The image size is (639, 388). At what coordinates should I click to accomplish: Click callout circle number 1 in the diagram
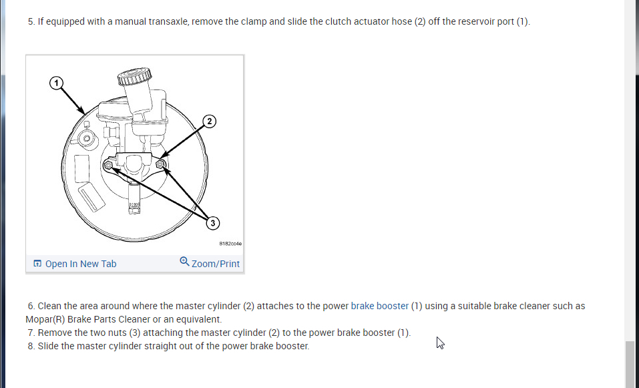point(57,82)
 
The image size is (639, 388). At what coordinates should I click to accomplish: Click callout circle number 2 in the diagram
point(210,121)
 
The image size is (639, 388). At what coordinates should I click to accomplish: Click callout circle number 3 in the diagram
point(212,223)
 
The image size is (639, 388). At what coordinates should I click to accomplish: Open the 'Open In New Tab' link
point(80,264)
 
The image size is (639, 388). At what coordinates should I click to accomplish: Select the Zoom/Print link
point(215,264)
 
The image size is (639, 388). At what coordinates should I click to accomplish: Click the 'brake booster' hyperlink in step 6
point(379,306)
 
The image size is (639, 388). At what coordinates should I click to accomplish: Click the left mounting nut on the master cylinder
point(108,164)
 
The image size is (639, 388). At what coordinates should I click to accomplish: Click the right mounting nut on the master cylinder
point(160,164)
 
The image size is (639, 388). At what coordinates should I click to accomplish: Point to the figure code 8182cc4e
point(229,244)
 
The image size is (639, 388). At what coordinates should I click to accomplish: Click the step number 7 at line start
point(31,333)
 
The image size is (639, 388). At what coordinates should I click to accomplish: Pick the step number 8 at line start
point(31,346)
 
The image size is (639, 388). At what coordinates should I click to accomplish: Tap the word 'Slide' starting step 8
point(48,346)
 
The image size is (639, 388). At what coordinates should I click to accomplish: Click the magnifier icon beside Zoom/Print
point(184,262)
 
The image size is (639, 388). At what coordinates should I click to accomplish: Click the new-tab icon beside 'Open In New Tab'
point(37,264)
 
